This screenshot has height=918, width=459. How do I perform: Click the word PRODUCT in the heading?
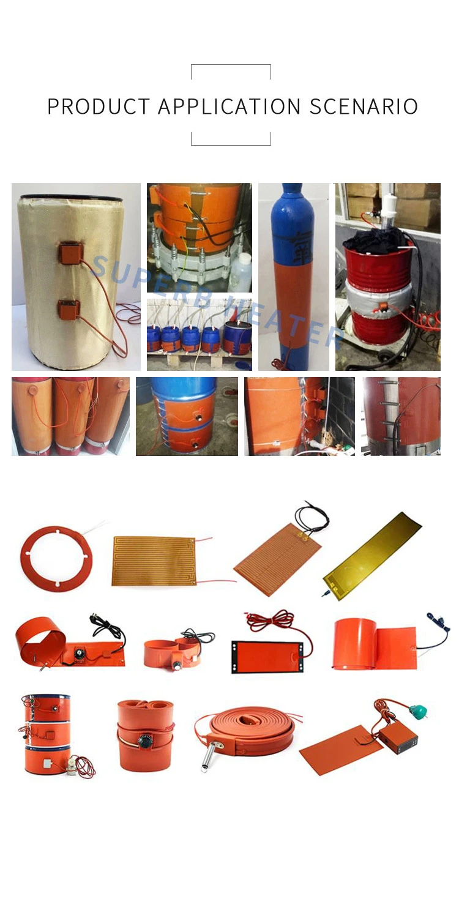(x=99, y=106)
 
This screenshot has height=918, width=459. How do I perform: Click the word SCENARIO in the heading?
(x=364, y=106)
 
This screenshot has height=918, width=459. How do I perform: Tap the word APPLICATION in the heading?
(x=229, y=106)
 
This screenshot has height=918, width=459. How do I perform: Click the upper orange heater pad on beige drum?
(x=70, y=254)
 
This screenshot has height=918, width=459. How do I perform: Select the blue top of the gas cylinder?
(x=293, y=222)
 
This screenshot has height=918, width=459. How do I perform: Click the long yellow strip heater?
(x=373, y=556)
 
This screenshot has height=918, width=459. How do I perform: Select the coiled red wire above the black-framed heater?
(x=271, y=622)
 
